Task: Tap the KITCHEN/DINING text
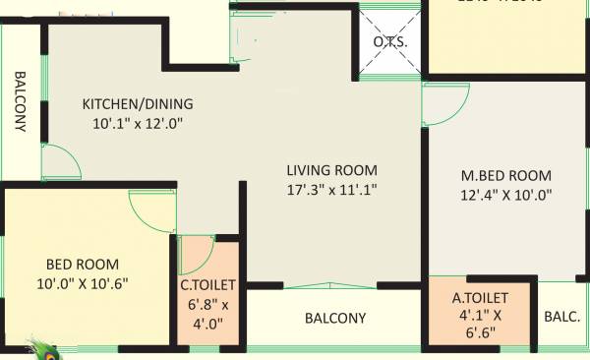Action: tap(138, 103)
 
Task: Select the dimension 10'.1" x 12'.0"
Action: tap(138, 123)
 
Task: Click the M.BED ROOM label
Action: tap(506, 176)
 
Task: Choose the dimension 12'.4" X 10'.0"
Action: tap(506, 195)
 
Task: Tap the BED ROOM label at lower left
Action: tap(83, 264)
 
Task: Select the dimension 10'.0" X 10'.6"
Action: tap(83, 283)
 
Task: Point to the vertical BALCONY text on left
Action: tap(19, 103)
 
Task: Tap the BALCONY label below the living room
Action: tap(335, 319)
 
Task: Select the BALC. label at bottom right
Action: tap(562, 317)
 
